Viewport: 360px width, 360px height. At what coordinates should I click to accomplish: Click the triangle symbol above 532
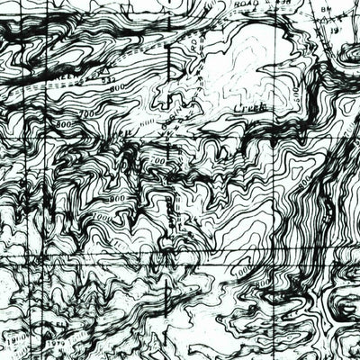pos(107,70)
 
